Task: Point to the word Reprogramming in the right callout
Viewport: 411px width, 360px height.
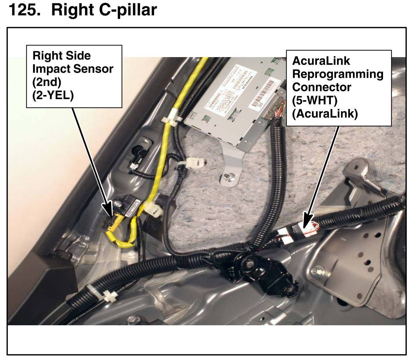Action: pos(338,74)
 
